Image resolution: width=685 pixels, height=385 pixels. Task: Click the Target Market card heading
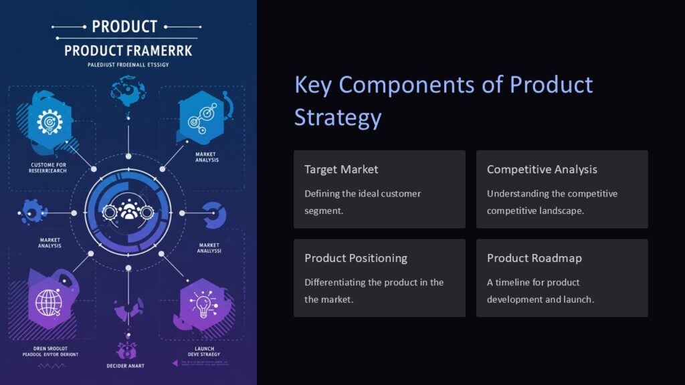341,170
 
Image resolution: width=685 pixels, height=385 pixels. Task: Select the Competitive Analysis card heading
542,170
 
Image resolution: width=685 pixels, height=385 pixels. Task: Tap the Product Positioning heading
355,258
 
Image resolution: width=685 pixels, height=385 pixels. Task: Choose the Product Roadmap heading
534,258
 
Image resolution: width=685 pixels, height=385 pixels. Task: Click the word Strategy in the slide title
338,117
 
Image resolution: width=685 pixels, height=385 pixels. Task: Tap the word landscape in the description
561,211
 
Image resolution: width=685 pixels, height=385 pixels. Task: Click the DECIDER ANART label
125,366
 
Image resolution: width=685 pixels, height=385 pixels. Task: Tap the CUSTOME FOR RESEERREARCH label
48,167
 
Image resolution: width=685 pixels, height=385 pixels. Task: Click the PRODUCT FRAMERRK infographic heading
128,51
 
